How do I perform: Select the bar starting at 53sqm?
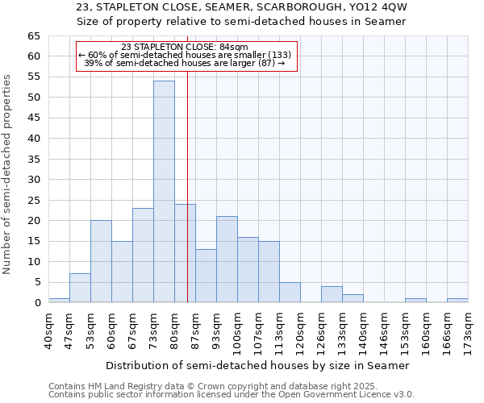[101, 261]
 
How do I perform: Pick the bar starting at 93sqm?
[227, 260]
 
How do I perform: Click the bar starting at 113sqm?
[290, 293]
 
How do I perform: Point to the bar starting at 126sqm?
[332, 294]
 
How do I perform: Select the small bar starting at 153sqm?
[415, 301]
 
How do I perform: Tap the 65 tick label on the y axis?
[33, 36]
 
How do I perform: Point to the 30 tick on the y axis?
[33, 180]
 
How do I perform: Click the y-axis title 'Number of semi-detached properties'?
[7, 174]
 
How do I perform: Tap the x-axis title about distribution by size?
[257, 365]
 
